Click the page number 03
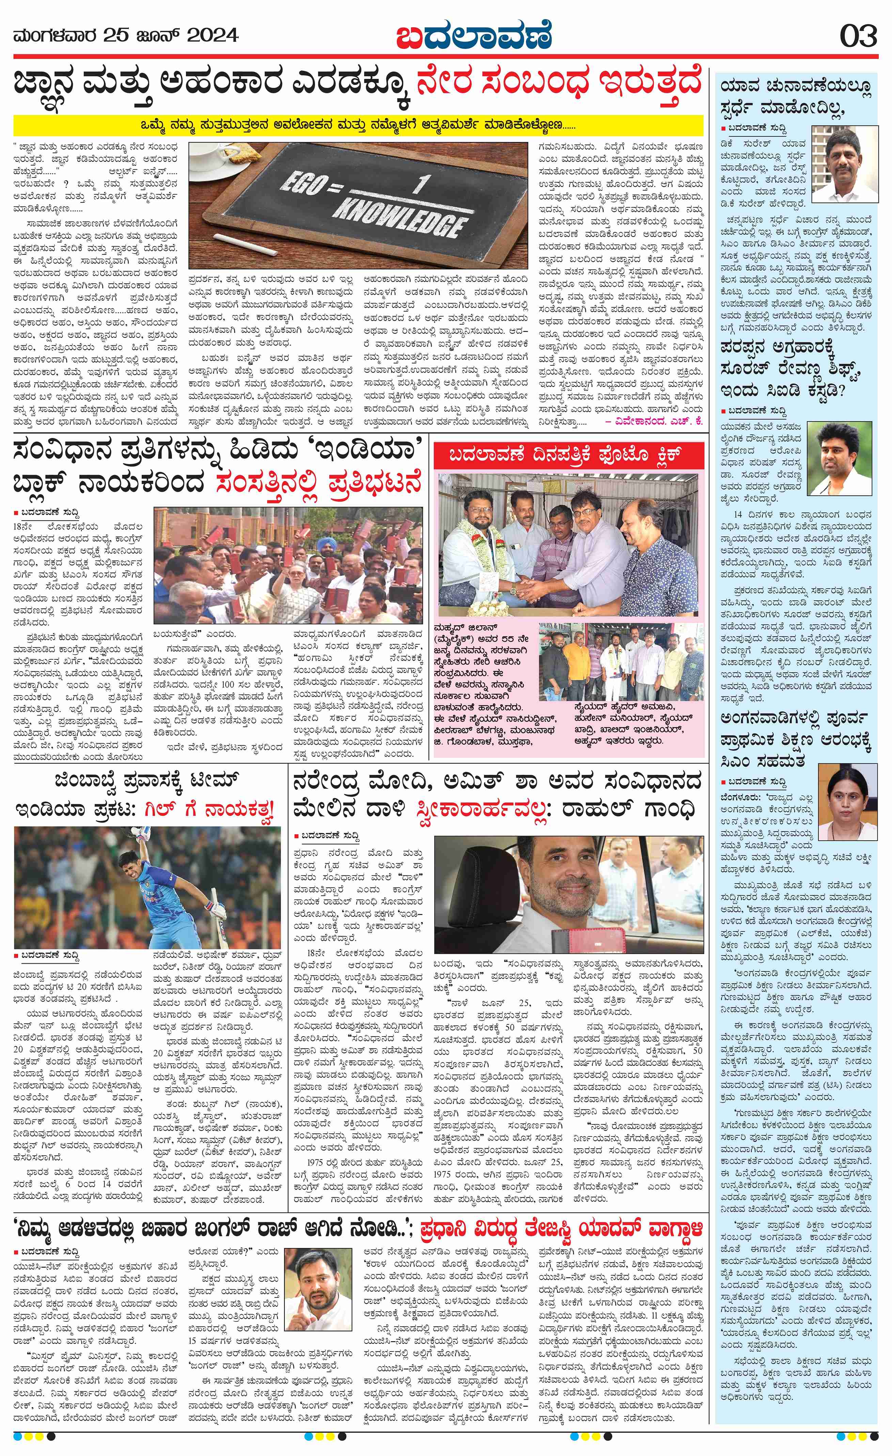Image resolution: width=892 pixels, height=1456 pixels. pyautogui.click(x=858, y=37)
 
